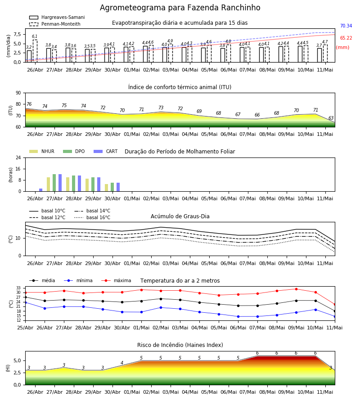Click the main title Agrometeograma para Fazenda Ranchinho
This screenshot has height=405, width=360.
coord(180,8)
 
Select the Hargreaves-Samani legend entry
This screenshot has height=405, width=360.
coord(57,17)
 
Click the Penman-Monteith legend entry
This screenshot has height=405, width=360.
coord(55,24)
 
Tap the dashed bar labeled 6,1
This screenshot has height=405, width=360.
coord(35,51)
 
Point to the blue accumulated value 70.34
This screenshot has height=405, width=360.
coord(346,26)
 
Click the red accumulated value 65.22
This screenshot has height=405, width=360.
coord(346,38)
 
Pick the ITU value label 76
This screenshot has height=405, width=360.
coord(29,104)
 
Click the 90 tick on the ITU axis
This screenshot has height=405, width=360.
coord(18,93)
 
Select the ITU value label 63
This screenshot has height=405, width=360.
coord(331,118)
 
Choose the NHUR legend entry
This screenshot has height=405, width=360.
coord(42,151)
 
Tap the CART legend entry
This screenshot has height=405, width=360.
coord(106,151)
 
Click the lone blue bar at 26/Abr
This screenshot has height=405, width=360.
coord(41,190)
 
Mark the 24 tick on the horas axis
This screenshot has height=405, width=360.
coord(18,157)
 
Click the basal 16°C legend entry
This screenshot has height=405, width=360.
coord(92,217)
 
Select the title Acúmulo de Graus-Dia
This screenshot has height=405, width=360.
coord(180,216)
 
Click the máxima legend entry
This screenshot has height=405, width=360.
coord(116,280)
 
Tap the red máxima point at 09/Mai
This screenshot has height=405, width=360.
coord(296,289)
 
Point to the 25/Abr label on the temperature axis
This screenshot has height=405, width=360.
coord(25,328)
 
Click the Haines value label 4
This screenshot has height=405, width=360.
coord(122,363)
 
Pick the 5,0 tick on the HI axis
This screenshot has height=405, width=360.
coord(17,360)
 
